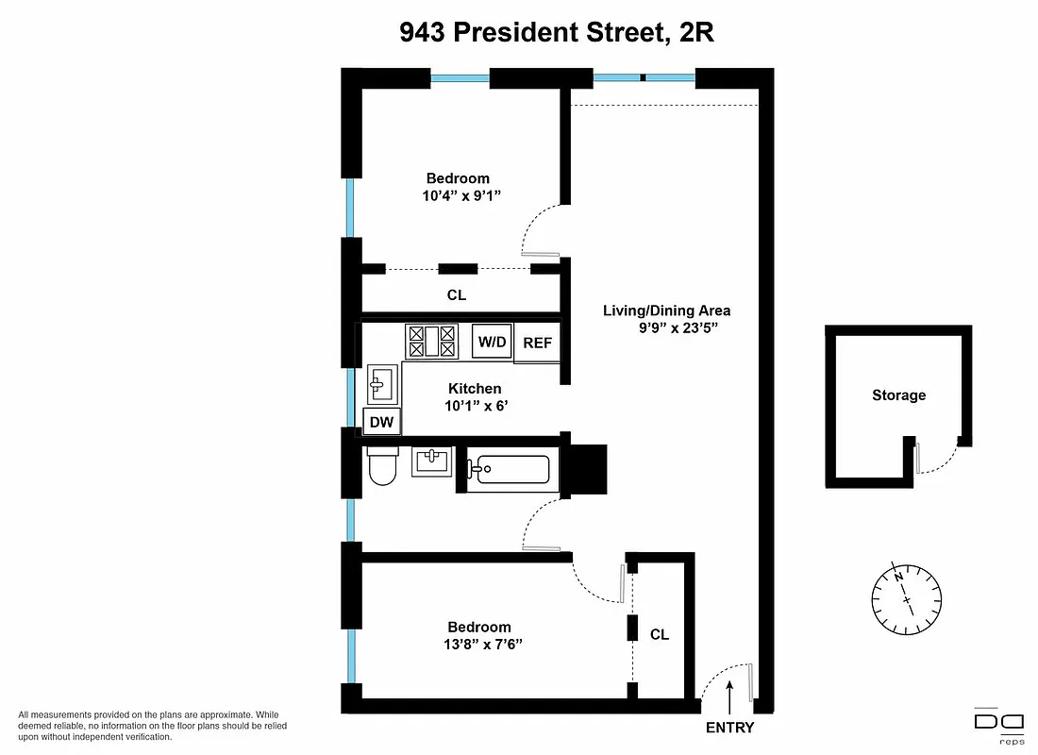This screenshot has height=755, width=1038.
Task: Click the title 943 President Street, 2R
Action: pyautogui.click(x=557, y=33)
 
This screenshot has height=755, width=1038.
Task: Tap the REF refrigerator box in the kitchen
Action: pyautogui.click(x=538, y=344)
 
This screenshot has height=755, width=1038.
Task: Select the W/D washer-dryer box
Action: pyautogui.click(x=491, y=342)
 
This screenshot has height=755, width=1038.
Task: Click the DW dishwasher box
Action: pyautogui.click(x=381, y=422)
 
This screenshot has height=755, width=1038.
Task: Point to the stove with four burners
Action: pyautogui.click(x=431, y=341)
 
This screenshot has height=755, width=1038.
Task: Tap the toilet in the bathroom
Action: pyautogui.click(x=382, y=466)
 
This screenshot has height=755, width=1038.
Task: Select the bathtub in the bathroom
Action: pyautogui.click(x=510, y=469)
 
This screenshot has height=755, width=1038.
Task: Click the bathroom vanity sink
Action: pyautogui.click(x=432, y=461)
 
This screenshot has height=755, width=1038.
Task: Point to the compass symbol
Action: pyautogui.click(x=907, y=597)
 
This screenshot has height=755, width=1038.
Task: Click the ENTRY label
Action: pyautogui.click(x=730, y=728)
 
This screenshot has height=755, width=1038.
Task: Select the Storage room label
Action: pyautogui.click(x=898, y=395)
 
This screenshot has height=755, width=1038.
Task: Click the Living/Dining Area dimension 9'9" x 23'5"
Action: pyautogui.click(x=678, y=329)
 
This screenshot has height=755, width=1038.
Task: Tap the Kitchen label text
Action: pyautogui.click(x=475, y=388)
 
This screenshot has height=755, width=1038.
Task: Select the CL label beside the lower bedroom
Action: pyautogui.click(x=660, y=635)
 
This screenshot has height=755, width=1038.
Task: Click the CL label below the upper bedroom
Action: pyautogui.click(x=457, y=295)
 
